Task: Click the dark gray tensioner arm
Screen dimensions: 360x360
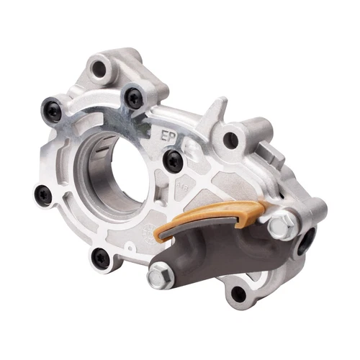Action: point(209,252)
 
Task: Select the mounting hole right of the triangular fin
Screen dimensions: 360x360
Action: point(230,140)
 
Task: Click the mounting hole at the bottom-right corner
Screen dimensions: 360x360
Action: point(238,292)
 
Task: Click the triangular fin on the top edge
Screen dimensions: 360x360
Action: point(214,112)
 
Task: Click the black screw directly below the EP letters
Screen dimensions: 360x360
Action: point(172,161)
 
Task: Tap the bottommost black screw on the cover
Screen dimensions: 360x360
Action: point(101,257)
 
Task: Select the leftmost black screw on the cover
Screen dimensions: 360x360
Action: point(45,194)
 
